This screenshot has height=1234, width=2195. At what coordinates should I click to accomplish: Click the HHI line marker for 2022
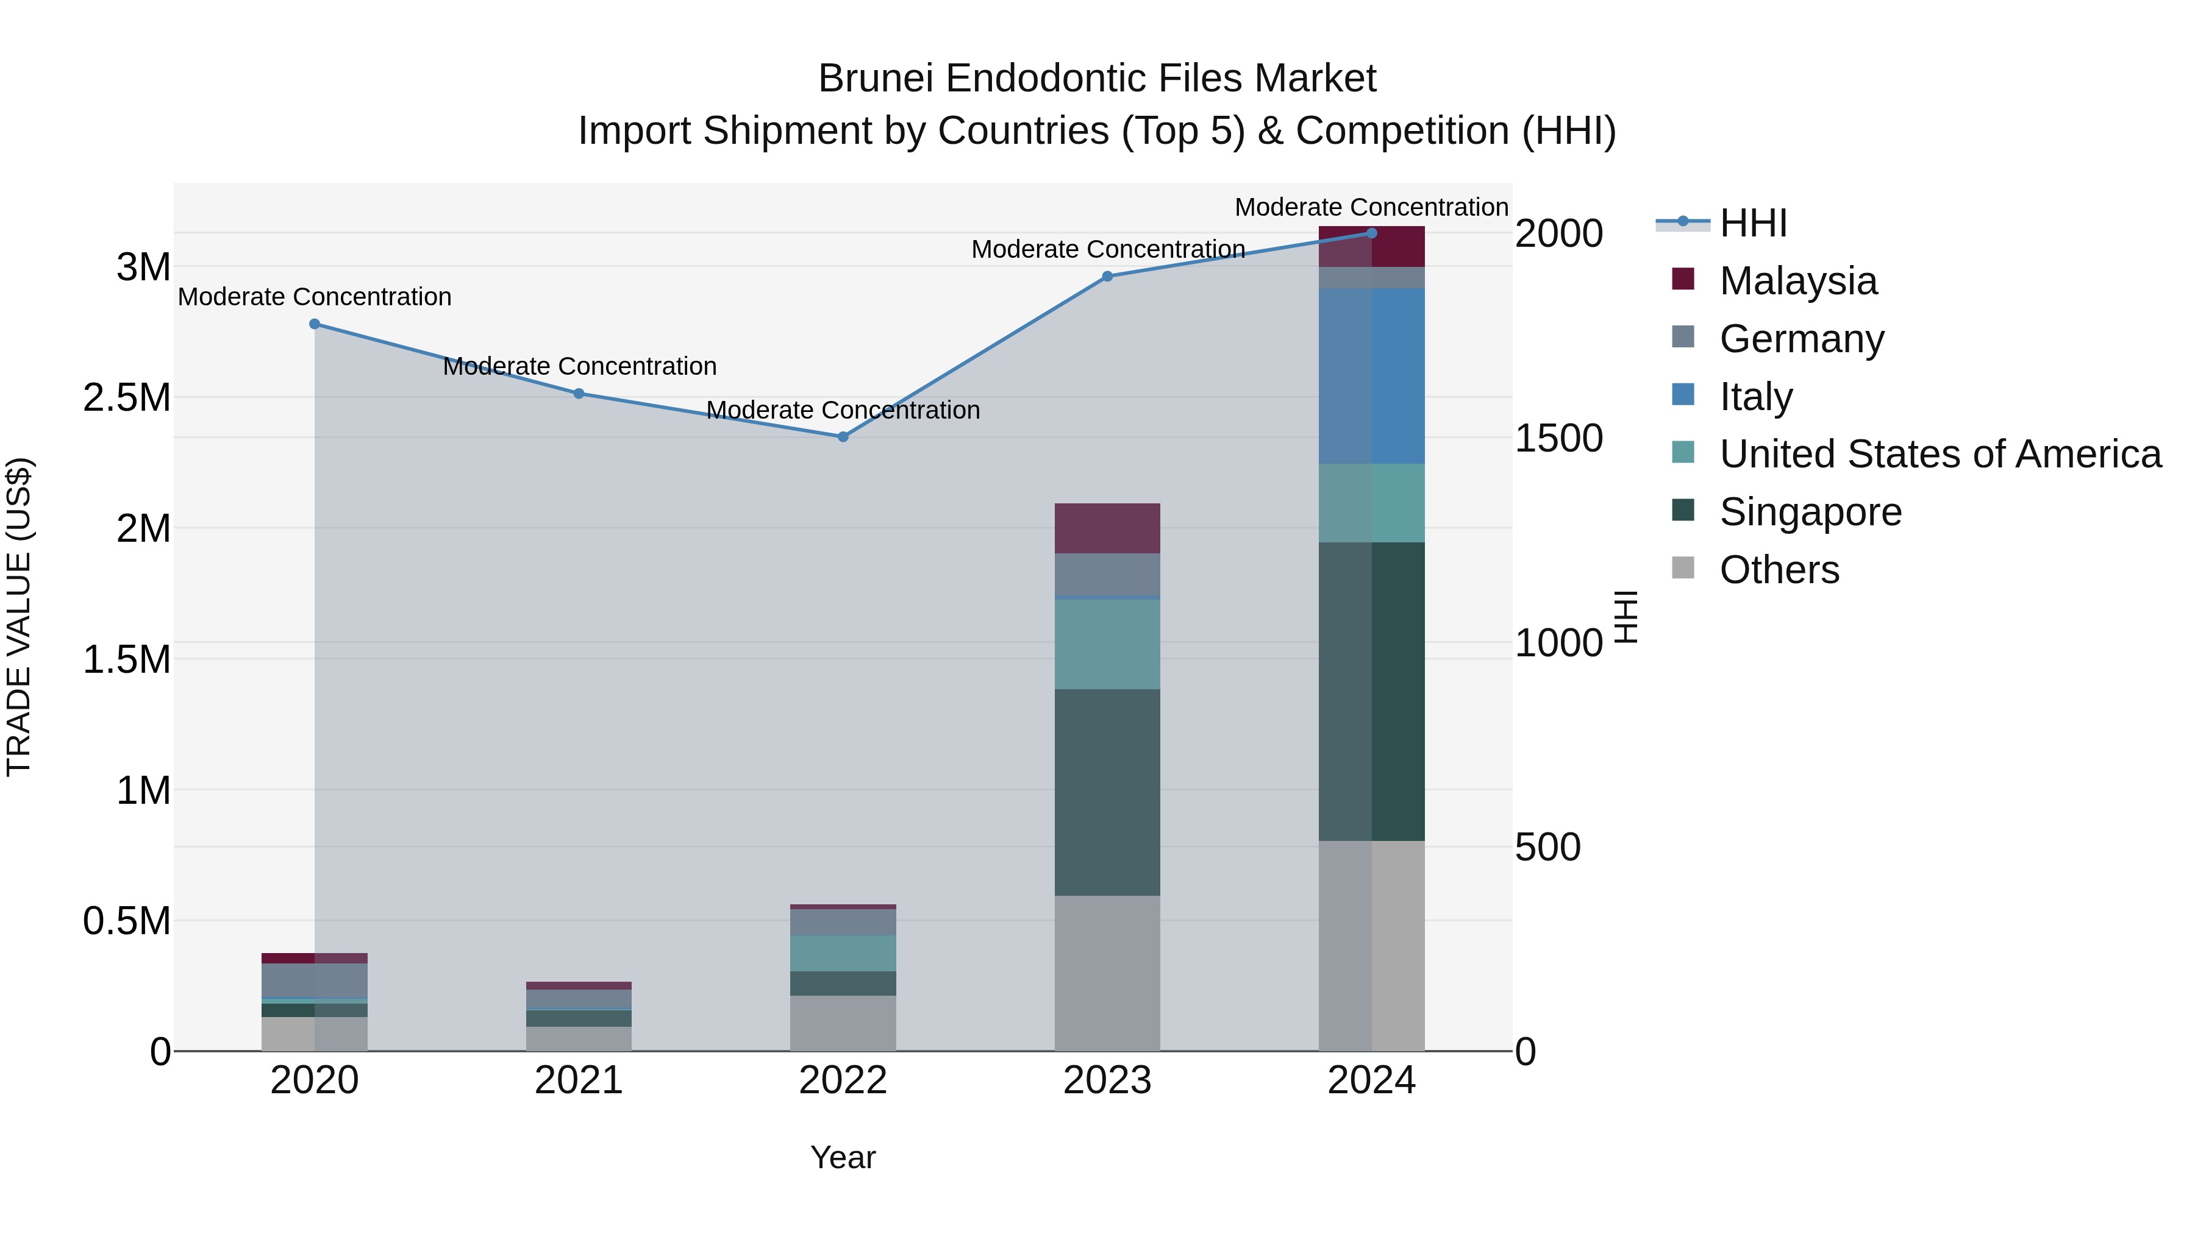pyautogui.click(x=843, y=437)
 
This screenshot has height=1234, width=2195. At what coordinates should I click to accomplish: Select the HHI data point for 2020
pyautogui.click(x=315, y=324)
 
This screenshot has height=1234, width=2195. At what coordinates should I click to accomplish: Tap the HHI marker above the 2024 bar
pyautogui.click(x=1371, y=233)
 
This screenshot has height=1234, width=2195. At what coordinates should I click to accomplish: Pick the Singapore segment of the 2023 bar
pyautogui.click(x=1107, y=792)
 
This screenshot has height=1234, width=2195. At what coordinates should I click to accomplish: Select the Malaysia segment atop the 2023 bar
pyautogui.click(x=1107, y=528)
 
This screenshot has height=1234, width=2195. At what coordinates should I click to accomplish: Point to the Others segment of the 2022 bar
pyautogui.click(x=843, y=1023)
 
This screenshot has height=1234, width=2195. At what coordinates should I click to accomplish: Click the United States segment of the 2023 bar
pyautogui.click(x=1107, y=645)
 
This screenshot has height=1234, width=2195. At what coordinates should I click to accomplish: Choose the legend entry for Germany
pyautogui.click(x=1801, y=339)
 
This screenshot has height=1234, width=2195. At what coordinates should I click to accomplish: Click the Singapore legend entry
pyautogui.click(x=1809, y=512)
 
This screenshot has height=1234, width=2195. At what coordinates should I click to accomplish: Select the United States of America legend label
pyautogui.click(x=1940, y=455)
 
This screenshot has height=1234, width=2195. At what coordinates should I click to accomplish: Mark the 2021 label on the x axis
pyautogui.click(x=579, y=1080)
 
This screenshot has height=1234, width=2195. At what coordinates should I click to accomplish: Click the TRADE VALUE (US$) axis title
pyautogui.click(x=19, y=617)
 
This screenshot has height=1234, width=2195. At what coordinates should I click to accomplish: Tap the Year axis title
pyautogui.click(x=843, y=1157)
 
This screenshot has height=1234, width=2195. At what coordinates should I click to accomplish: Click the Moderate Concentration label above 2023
pyautogui.click(x=1108, y=249)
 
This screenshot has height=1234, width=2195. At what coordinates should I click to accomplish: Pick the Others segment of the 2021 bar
pyautogui.click(x=579, y=1038)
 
